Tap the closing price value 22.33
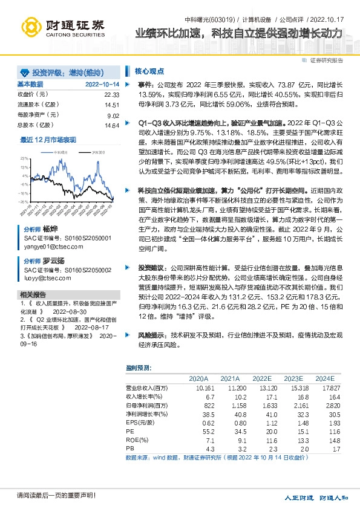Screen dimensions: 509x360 pyautogui.click(x=112, y=95)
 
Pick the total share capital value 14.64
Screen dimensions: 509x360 pyautogui.click(x=112, y=125)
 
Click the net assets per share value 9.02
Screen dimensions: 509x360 pyautogui.click(x=113, y=115)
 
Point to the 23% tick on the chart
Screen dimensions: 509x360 pyautogui.click(x=24, y=158)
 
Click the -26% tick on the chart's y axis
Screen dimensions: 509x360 pyautogui.click(x=24, y=202)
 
